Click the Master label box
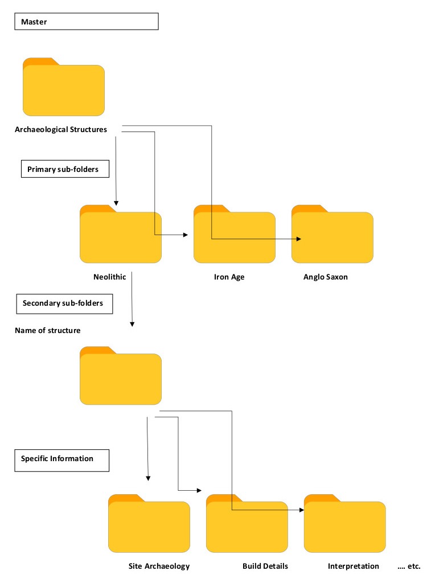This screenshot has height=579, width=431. pos(86,22)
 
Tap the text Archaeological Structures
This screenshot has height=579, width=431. pos(61,130)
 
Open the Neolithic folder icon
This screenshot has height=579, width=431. pos(120,235)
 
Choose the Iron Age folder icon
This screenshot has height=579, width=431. pos(234,235)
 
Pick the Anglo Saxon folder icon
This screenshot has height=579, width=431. pos(332,235)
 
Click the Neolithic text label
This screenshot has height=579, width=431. pos(110,277)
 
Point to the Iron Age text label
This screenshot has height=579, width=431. pos(229,277)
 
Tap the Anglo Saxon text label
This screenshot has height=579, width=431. pos(325,277)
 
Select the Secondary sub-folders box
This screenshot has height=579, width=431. pos(63,303)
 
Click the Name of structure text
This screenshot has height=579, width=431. pos(48,331)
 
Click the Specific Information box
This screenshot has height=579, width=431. pos(61,459)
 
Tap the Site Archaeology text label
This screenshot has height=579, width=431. pos(159,566)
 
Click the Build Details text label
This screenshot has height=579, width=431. pos(265,566)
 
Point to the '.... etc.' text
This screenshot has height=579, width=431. pos(409,566)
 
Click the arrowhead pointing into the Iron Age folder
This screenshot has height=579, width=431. pos(184,235)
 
